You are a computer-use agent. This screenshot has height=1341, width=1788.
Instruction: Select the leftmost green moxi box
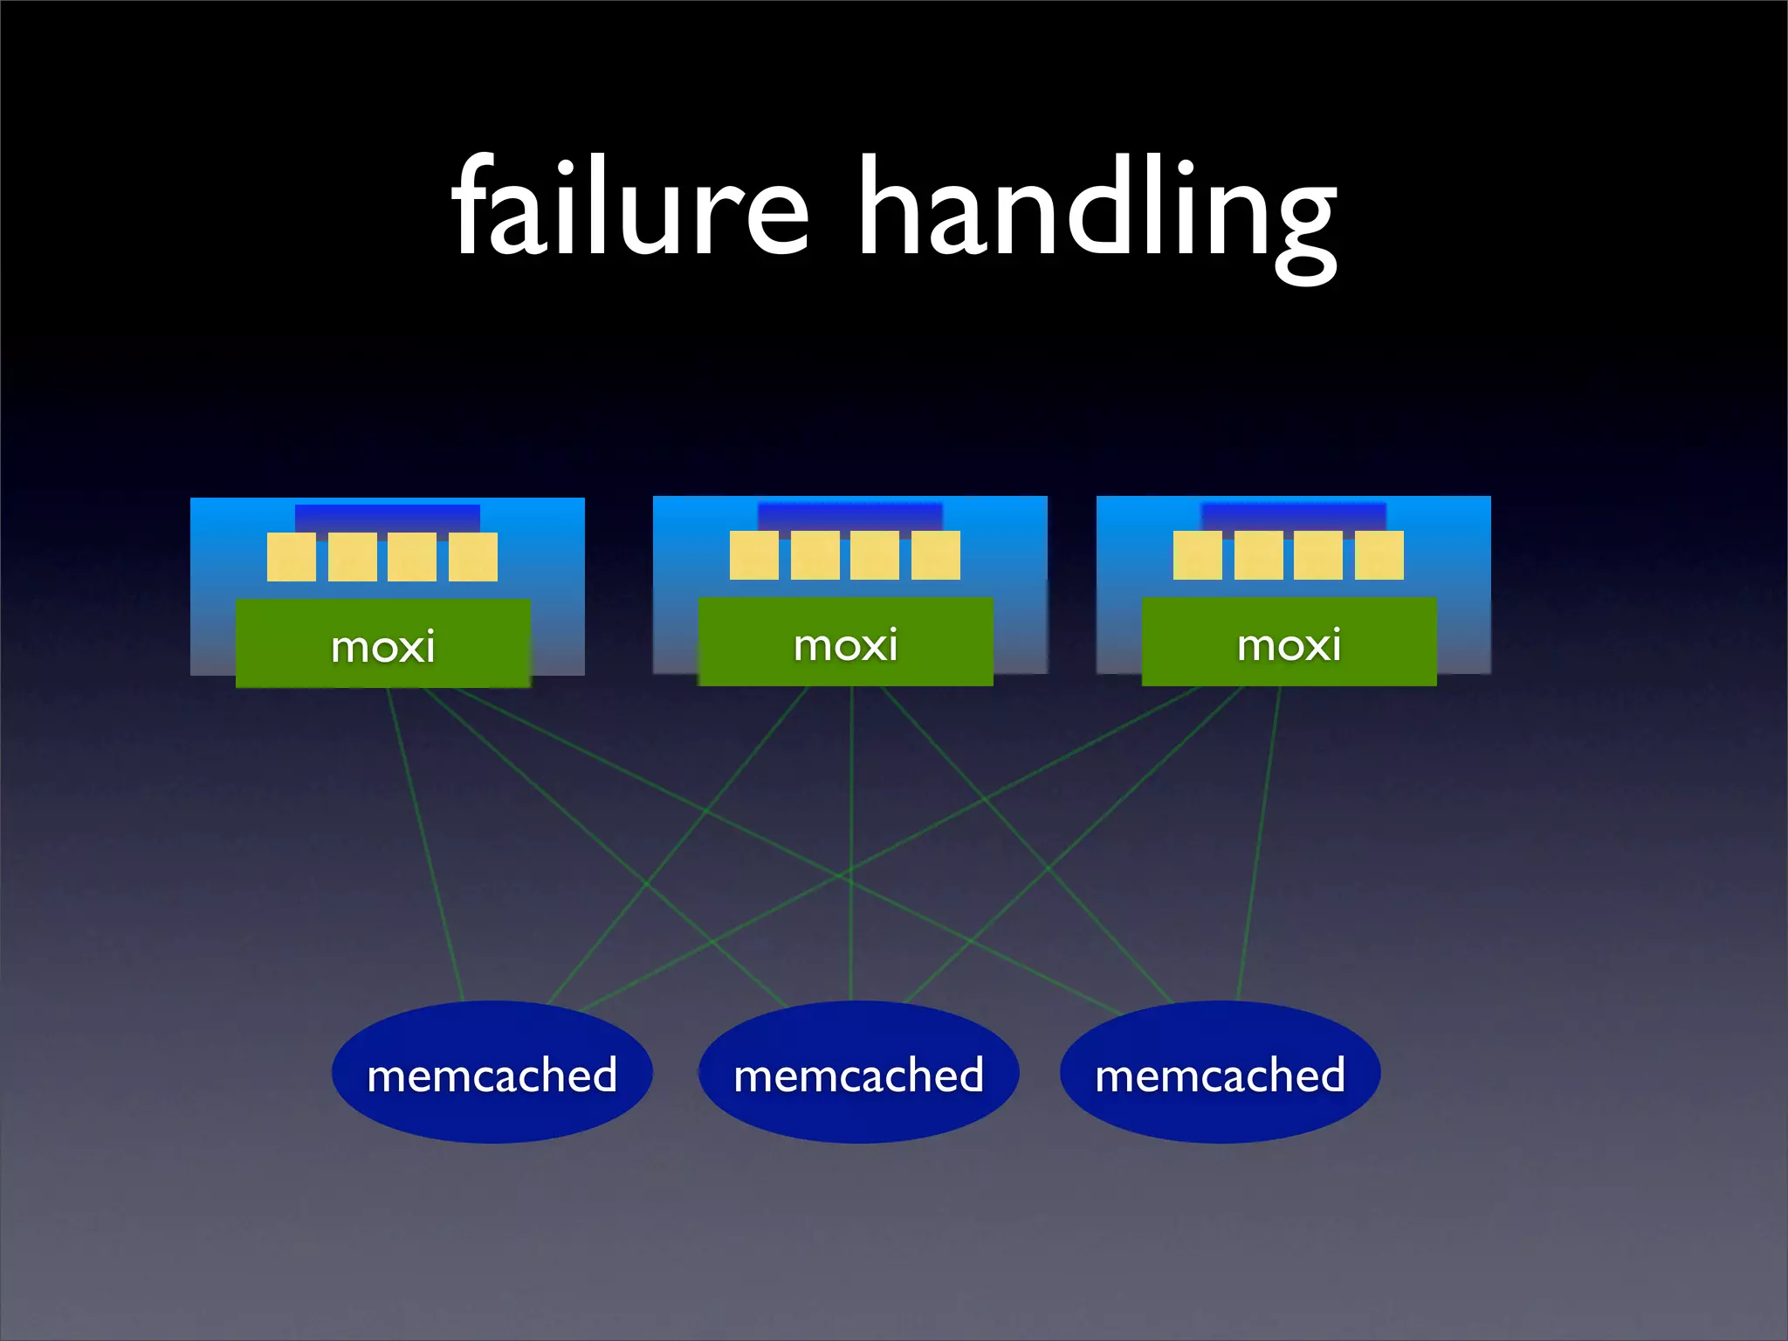click(x=382, y=644)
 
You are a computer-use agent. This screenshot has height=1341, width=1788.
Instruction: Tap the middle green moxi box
click(x=845, y=643)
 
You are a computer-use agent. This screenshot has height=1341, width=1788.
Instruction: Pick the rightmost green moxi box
click(x=1289, y=643)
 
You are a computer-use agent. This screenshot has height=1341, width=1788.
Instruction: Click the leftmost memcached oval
click(x=492, y=1073)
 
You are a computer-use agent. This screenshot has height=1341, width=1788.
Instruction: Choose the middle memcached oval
click(x=858, y=1073)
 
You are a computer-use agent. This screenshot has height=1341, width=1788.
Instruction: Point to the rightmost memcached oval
click(x=1220, y=1073)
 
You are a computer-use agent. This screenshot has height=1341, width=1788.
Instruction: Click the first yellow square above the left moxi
click(x=292, y=557)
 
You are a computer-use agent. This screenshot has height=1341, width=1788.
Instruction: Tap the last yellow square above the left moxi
click(x=473, y=557)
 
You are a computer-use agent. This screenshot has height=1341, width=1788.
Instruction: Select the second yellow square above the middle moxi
click(x=815, y=555)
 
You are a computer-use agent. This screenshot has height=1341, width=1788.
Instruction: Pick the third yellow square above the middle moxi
click(x=874, y=555)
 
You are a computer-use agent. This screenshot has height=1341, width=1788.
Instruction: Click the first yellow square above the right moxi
click(x=1197, y=555)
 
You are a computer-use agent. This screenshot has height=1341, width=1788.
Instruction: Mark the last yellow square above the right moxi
click(x=1379, y=555)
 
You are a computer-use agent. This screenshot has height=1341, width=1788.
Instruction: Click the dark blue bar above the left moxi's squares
click(x=387, y=518)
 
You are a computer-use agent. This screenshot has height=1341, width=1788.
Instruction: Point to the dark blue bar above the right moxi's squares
click(x=1293, y=516)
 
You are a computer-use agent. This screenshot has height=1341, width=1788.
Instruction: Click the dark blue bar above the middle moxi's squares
click(x=849, y=516)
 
